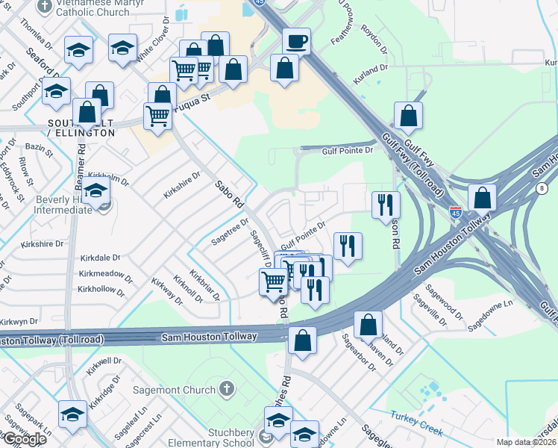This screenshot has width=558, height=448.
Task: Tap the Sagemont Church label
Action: (175, 389)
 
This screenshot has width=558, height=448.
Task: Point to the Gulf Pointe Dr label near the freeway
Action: (347, 150)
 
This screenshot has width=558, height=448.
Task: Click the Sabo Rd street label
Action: (230, 193)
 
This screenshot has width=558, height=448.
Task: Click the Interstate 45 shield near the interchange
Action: (456, 214)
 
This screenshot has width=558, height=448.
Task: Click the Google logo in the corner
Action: (25, 439)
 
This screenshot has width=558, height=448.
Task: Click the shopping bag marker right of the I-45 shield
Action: (483, 198)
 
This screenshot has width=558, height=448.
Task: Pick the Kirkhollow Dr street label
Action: (102, 289)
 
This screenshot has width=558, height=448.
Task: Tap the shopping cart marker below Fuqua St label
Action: (158, 116)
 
